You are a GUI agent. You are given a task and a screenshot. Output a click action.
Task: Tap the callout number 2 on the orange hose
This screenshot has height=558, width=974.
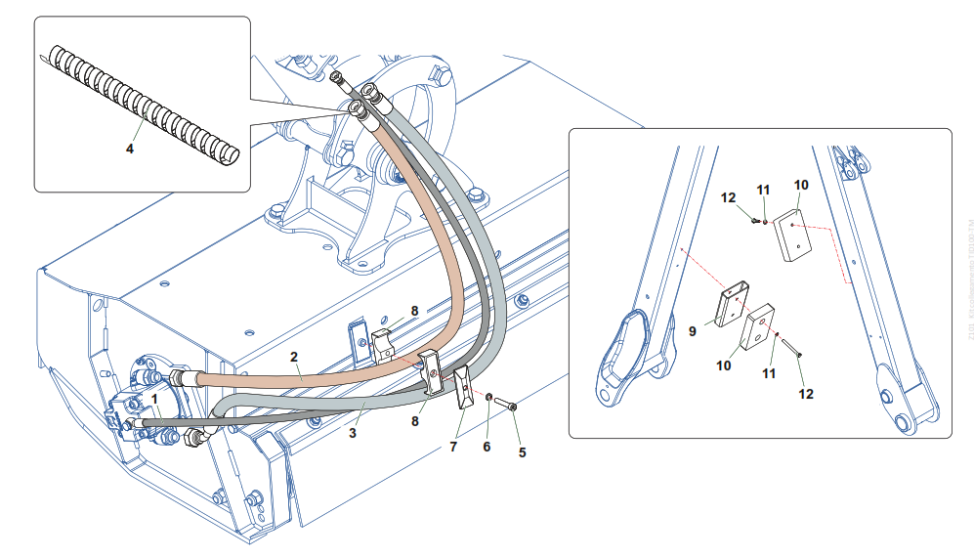point(293,358)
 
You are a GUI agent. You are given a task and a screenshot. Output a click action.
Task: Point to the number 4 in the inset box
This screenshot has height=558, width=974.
point(129,149)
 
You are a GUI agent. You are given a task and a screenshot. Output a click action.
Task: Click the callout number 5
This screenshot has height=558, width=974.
point(522,452)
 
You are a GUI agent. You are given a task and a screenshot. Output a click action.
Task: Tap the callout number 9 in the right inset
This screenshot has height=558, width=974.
point(693,331)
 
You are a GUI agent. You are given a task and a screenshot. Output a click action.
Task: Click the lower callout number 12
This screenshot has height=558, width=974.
point(805,394)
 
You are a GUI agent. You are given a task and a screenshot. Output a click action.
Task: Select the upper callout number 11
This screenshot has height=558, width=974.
point(763,189)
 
